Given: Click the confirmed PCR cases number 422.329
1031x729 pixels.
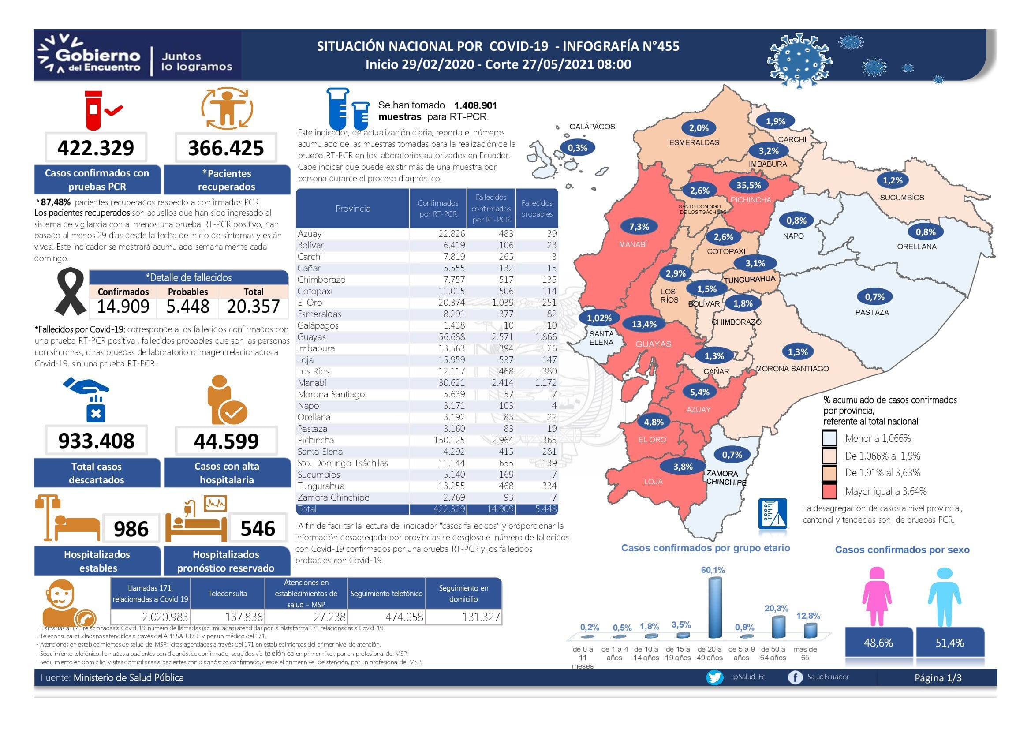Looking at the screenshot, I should coord(96,148).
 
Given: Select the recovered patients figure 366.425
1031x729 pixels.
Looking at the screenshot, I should coord(226,148).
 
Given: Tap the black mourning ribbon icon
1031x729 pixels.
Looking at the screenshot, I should coord(70,292).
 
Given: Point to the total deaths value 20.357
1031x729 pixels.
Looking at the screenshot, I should coord(254,307).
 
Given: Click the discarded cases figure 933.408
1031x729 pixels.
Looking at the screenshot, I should coord(96,441).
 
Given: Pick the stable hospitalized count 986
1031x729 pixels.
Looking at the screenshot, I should coord(131,529).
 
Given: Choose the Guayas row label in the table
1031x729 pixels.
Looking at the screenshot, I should coord(312,337).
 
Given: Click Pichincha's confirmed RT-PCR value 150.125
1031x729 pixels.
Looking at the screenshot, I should coord(449,440).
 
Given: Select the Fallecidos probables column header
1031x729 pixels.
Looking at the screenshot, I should coord(537,209).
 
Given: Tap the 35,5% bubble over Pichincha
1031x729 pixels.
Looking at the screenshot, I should coord(748,185).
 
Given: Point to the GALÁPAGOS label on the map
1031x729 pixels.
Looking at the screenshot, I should coord(592,127).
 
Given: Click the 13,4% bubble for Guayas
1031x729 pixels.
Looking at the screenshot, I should coord(644,324).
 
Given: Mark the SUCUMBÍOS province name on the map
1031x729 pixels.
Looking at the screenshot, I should coord(902,198).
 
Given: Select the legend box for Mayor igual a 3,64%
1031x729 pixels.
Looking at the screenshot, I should coord(829,491).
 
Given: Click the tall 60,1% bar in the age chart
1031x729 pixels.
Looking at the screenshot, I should coord(714,607).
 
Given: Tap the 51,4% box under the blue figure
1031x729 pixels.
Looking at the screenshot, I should coord(950,643).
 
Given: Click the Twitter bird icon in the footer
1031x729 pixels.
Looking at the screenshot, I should coord(714,677).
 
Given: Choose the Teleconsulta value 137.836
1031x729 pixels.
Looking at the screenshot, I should coord(244,617).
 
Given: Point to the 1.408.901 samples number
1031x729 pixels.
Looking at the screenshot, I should coord(475,105).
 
